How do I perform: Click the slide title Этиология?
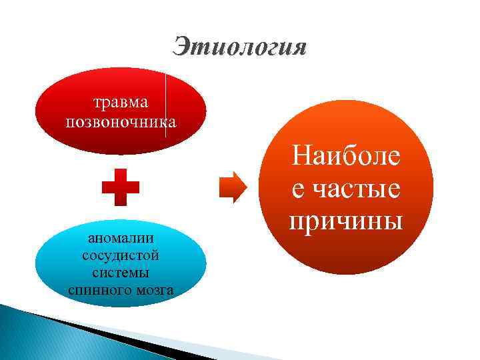(240, 47)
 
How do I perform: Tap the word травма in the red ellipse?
(121, 102)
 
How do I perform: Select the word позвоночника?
(121, 122)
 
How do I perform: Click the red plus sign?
(121, 186)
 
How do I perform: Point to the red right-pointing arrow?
(232, 186)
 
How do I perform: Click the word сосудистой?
(121, 256)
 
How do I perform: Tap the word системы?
(121, 273)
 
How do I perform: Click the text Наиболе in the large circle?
(347, 158)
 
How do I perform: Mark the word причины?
(347, 220)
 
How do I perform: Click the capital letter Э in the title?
(181, 47)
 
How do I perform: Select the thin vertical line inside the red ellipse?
(165, 107)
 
